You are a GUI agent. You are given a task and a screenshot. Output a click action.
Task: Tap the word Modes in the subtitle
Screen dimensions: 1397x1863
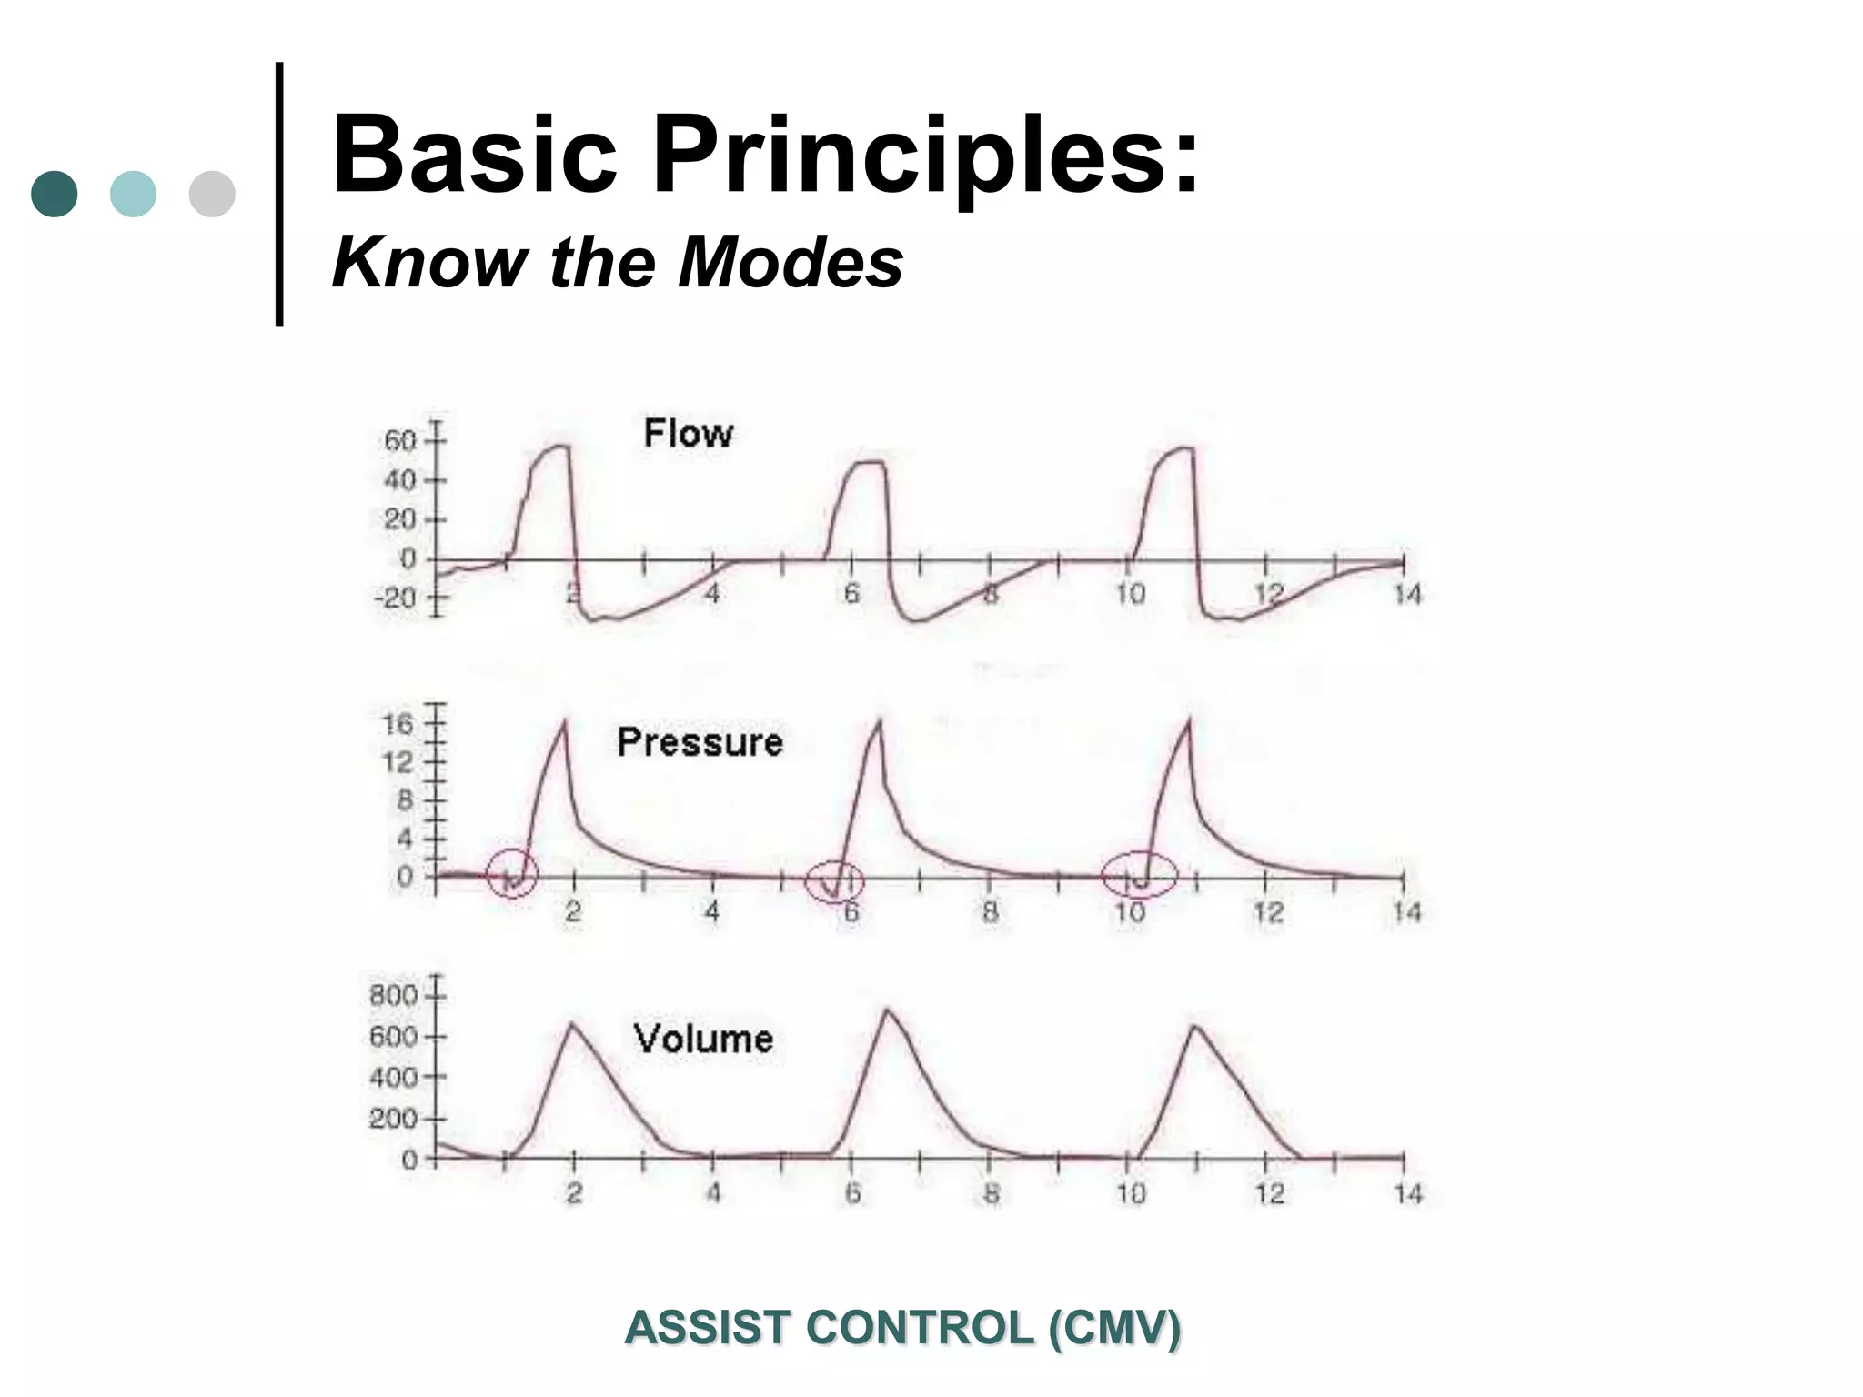pyautogui.click(x=790, y=263)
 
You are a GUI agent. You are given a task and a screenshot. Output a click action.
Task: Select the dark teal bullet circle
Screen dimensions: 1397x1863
pyautogui.click(x=55, y=194)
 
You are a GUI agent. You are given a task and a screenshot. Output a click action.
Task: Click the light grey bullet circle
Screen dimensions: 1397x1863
pyautogui.click(x=212, y=194)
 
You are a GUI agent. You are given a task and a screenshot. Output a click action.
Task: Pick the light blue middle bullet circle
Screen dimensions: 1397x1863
pyautogui.click(x=133, y=194)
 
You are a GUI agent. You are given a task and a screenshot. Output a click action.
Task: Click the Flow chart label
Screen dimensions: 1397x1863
pyautogui.click(x=688, y=433)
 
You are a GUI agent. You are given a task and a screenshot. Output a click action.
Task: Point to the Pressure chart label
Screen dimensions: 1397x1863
pyautogui.click(x=700, y=742)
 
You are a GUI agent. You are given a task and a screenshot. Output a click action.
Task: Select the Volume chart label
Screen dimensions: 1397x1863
pyautogui.click(x=703, y=1039)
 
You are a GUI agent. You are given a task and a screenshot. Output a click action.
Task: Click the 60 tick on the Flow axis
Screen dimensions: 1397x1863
pyautogui.click(x=400, y=441)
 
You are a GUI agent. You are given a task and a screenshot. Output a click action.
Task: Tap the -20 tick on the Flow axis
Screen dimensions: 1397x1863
pyautogui.click(x=395, y=598)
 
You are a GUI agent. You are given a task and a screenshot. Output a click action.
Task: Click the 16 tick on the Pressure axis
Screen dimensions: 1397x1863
pyautogui.click(x=398, y=725)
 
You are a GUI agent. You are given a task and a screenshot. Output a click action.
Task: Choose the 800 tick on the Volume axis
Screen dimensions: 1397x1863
pyautogui.click(x=393, y=995)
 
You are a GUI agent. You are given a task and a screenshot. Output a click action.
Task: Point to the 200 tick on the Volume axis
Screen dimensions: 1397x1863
pyautogui.click(x=393, y=1118)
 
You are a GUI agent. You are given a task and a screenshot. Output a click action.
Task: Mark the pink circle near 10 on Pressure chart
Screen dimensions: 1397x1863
pyautogui.click(x=1139, y=874)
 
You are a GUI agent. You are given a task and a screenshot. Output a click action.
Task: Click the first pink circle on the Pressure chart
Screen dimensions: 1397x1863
pyautogui.click(x=512, y=873)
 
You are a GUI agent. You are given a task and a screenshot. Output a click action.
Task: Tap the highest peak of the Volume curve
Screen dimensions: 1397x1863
pyautogui.click(x=887, y=1010)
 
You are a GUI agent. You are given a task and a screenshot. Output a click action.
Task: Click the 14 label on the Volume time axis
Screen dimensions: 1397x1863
pyautogui.click(x=1407, y=1193)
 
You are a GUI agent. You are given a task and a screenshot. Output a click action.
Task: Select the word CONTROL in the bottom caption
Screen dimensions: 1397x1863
pyautogui.click(x=920, y=1328)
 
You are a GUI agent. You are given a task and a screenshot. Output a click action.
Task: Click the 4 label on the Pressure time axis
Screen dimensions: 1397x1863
pyautogui.click(x=712, y=910)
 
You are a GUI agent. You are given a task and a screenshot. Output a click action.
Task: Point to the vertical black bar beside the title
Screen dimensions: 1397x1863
pyautogui.click(x=279, y=194)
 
